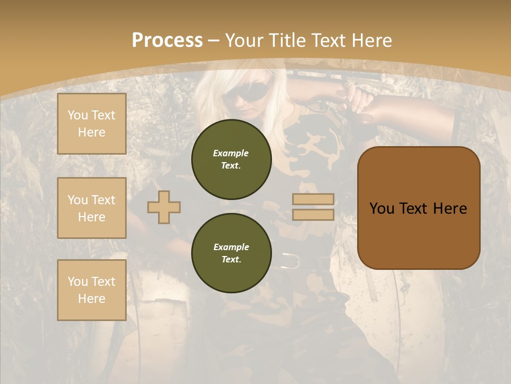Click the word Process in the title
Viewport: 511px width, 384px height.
167,40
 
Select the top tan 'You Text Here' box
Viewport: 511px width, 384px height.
92,124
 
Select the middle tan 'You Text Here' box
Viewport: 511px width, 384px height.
92,208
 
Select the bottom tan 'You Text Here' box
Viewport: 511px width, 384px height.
92,290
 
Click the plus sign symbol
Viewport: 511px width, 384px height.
164,207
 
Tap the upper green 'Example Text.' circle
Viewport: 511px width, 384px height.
232,159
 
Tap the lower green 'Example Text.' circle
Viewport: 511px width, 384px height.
232,253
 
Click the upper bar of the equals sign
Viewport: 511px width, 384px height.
313,199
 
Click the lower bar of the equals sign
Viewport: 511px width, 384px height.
313,214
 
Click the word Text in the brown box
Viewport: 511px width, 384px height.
418,208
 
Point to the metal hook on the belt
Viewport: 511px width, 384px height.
292,260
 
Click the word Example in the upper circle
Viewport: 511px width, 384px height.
231,153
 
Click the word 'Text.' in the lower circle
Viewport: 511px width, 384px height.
231,260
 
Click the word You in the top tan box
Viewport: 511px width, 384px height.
78,115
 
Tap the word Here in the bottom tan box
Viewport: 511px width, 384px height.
92,299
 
